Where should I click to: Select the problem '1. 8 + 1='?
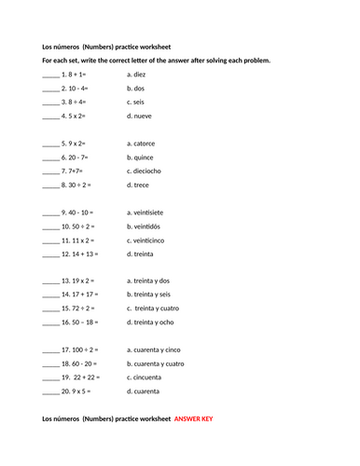point(75,73)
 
